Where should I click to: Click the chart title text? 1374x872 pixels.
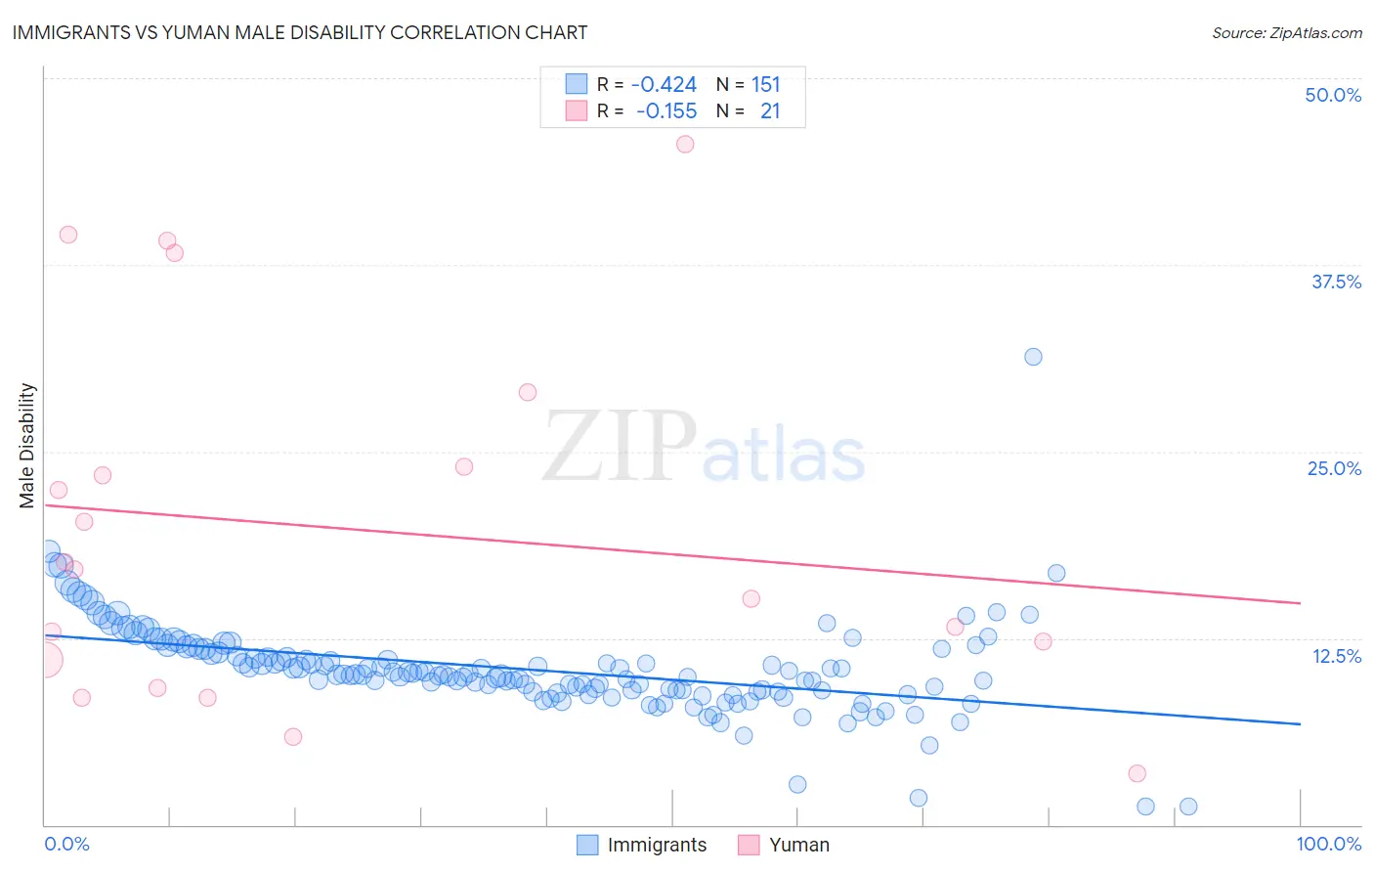(x=299, y=32)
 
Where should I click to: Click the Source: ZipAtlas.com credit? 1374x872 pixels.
(x=1286, y=32)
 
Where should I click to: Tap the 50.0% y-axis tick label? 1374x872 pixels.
(x=1333, y=95)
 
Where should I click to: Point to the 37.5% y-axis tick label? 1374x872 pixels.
(x=1336, y=282)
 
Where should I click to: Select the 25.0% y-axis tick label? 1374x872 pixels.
(x=1334, y=468)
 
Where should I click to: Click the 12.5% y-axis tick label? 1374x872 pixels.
(x=1336, y=656)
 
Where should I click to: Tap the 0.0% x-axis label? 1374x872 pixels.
(x=66, y=844)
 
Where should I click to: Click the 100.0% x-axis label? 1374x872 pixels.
(x=1328, y=844)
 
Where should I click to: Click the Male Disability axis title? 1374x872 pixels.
(x=27, y=445)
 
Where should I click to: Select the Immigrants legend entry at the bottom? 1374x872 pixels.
(x=642, y=845)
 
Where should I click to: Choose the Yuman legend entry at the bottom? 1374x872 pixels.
(x=784, y=845)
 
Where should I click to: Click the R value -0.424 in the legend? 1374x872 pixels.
(x=664, y=85)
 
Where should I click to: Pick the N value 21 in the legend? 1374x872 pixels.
(x=770, y=111)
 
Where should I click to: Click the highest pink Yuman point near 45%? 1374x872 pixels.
(x=685, y=144)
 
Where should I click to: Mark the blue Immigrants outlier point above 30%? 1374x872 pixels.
(x=1033, y=357)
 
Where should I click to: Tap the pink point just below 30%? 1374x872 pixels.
(x=528, y=392)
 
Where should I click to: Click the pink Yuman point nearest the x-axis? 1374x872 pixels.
(x=1137, y=773)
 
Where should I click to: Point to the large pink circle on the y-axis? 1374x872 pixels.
(x=45, y=661)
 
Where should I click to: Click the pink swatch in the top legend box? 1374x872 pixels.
(x=577, y=111)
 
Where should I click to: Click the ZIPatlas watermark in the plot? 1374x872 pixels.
(x=704, y=447)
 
